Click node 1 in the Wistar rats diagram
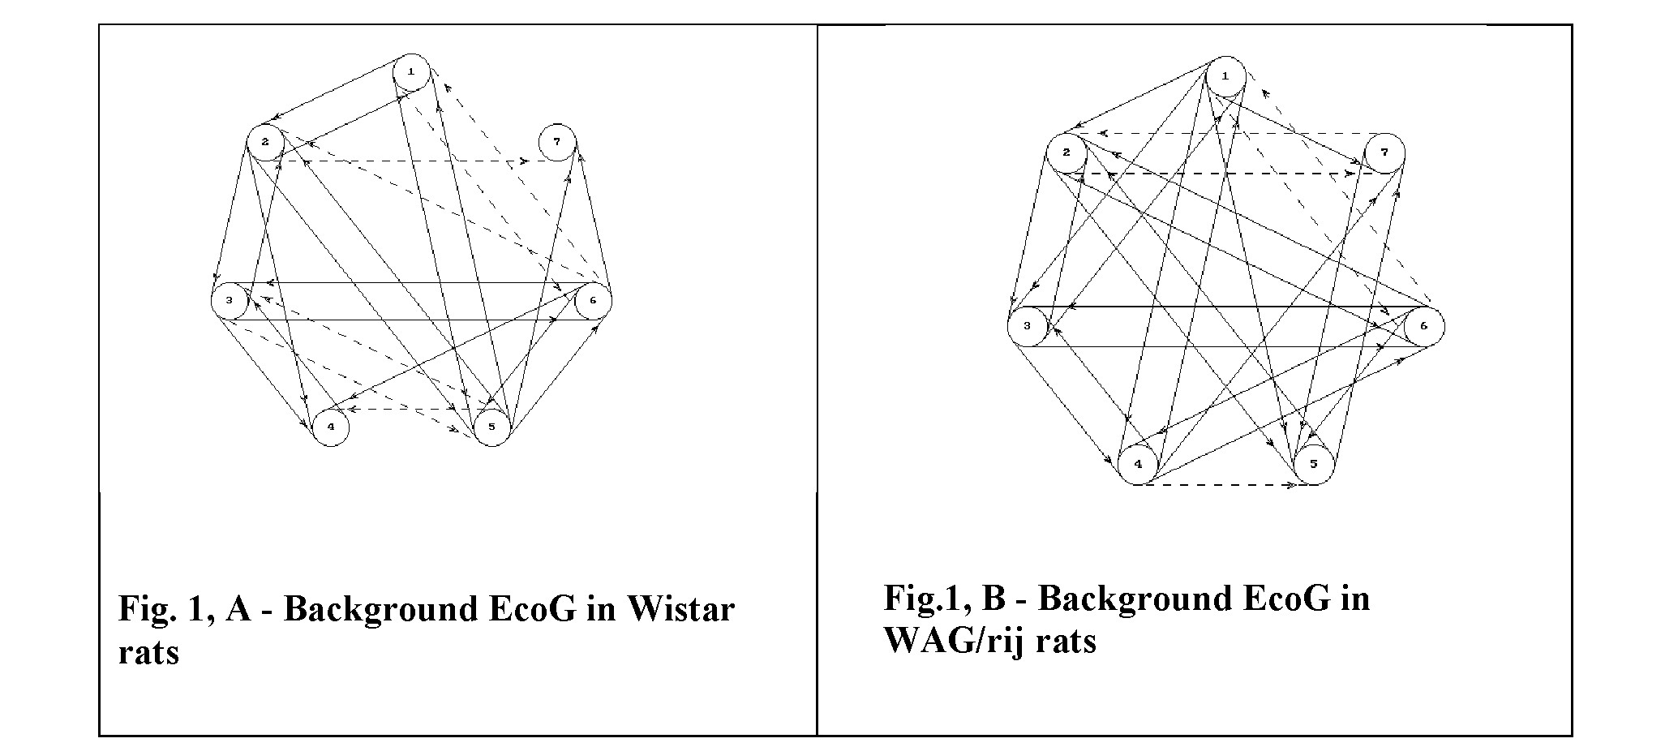(411, 72)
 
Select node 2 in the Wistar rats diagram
(264, 143)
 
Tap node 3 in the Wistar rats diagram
(230, 301)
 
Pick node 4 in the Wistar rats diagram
(330, 427)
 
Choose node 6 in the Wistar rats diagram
(593, 301)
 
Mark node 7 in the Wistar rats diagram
(556, 142)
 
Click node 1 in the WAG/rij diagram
(1225, 76)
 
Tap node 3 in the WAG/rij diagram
(1028, 327)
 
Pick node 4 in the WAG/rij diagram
(1138, 465)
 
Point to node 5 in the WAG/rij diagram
(1314, 465)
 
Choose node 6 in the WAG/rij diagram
(1424, 327)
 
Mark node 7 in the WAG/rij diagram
(1384, 153)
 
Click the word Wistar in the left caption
(680, 608)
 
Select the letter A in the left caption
(239, 608)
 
